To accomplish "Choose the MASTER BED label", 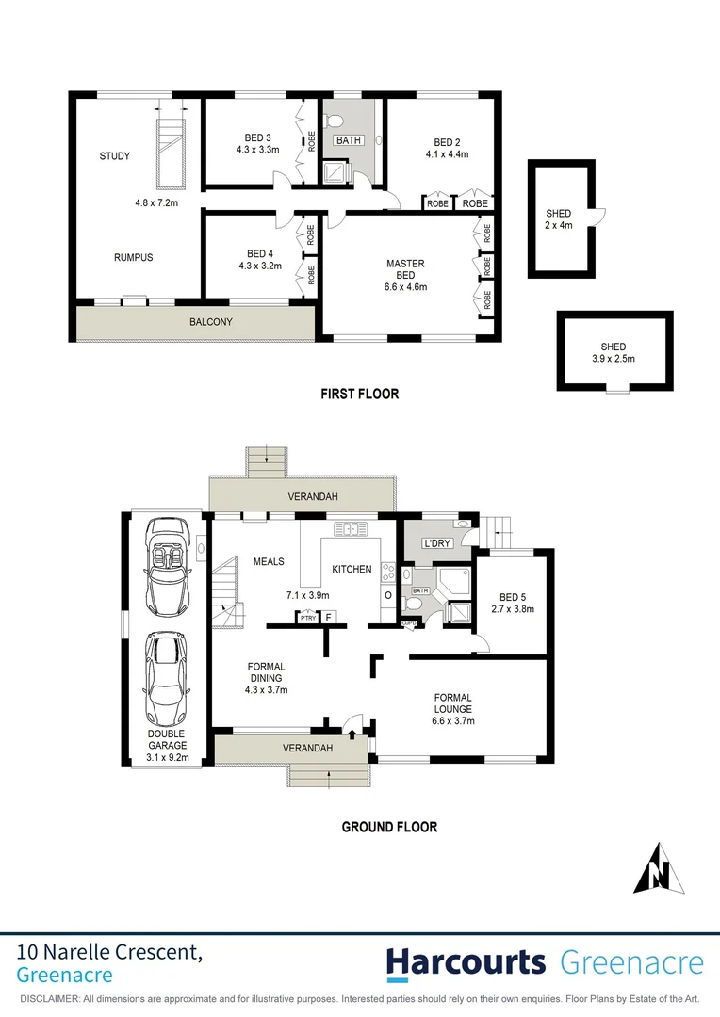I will point(405,269).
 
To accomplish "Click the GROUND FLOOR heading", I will point(389,827).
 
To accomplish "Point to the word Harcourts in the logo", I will point(466,962).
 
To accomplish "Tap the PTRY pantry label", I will point(307,618).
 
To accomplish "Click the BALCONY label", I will point(211,322).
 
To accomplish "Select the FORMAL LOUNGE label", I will point(453,703).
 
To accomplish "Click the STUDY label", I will point(115,156).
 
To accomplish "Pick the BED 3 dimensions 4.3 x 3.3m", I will point(259,149).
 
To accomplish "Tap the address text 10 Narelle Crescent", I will point(109,953).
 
